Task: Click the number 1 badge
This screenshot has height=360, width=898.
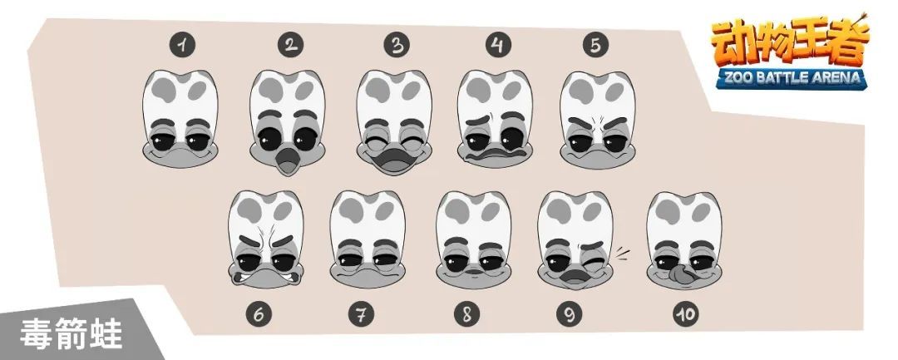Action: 182,45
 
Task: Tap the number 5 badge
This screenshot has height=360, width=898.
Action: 595,45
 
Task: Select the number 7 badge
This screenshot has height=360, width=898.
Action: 362,314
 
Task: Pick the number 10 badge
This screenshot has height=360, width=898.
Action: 685,313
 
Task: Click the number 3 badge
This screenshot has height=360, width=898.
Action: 397,45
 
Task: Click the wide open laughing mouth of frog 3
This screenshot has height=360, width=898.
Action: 394,159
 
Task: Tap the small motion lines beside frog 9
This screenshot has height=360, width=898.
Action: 622,253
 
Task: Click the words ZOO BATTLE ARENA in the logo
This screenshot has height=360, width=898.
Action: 792,77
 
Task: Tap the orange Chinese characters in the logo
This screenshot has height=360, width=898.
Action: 791,43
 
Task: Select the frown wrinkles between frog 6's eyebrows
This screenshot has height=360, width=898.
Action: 266,234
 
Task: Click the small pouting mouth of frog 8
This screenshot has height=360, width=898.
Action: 471,271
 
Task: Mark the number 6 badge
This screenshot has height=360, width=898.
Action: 259,314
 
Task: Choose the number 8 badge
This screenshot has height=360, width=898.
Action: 466,314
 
